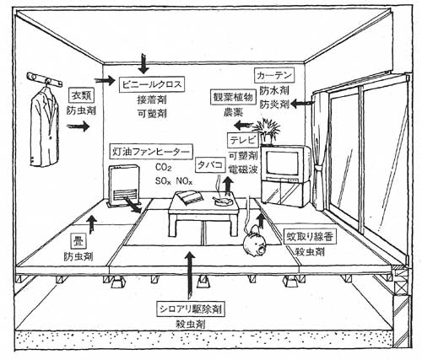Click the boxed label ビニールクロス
pos(152,84)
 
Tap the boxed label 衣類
pos(81,95)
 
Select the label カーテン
pos(274,75)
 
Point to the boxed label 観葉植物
pos(233,97)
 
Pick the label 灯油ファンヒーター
pos(151,152)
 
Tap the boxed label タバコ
pos(211,165)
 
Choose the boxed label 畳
pos(78,241)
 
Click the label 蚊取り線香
pos(310,238)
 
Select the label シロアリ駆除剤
pos(191,309)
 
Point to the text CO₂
pos(163,168)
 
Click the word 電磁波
pos(243,169)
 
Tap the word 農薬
pos(234,112)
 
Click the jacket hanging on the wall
pos(45,126)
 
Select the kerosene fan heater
pos(123,185)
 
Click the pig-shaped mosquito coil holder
pos(255,241)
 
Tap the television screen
pos(282,164)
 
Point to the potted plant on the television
pos(266,132)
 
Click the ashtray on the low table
pos(222,201)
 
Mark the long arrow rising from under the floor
pos(191,275)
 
